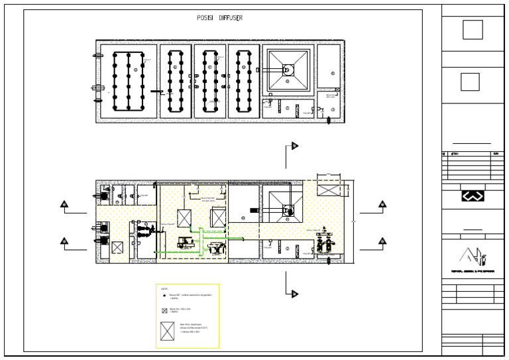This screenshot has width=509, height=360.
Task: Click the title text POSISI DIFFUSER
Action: [x=219, y=18]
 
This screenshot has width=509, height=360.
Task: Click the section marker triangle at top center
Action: [x=295, y=146]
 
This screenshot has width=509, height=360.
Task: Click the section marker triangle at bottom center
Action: [x=295, y=294]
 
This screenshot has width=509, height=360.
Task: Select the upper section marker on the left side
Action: [x=64, y=204]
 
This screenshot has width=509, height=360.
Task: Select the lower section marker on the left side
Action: [x=64, y=241]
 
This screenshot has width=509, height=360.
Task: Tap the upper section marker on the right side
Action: [x=382, y=204]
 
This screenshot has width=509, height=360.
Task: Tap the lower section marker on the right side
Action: [x=382, y=241]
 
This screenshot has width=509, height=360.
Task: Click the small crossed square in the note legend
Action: [x=164, y=310]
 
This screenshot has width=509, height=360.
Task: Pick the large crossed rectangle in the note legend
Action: [x=167, y=331]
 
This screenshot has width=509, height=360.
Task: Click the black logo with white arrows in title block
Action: [x=473, y=196]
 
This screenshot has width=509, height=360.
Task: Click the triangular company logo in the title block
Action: [x=473, y=256]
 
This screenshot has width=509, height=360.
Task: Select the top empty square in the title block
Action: [x=473, y=30]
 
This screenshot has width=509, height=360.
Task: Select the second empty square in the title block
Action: [x=470, y=82]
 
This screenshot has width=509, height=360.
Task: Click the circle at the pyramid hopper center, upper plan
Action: [x=288, y=69]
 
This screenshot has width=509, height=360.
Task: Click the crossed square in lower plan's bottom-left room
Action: [x=117, y=248]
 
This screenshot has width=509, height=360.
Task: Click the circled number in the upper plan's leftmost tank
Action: [x=135, y=70]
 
